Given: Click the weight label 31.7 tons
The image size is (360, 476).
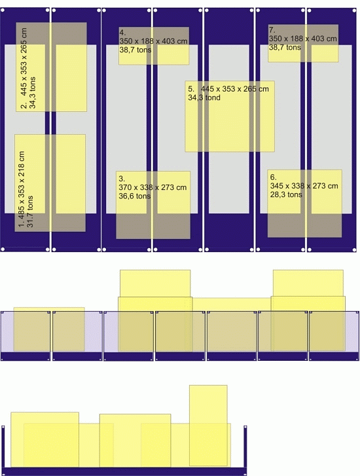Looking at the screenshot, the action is pos(30,211).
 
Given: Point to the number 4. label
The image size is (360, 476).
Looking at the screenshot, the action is pos(122,33).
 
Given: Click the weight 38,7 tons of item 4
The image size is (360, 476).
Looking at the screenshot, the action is pos(135,50).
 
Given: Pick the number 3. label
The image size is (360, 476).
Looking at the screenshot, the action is pos(122,179).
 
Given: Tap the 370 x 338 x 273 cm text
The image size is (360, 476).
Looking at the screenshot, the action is pos(153,187).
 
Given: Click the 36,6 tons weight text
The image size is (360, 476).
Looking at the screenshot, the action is pos(134,196).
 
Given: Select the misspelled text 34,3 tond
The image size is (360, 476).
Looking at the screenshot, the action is pos(204,98).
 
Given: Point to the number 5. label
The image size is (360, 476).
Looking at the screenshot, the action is pos(191,89).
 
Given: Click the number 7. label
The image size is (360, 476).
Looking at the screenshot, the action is pos(272,30).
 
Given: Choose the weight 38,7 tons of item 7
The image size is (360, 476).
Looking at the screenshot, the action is pos(285,47).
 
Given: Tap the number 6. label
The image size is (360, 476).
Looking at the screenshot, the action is pos(273,177).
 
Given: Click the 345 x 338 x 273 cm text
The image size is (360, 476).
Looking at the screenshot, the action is pos(304,186).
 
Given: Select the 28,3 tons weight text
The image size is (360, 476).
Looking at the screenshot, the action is pos(286,194).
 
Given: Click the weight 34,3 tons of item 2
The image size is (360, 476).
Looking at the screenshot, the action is pos(32,92).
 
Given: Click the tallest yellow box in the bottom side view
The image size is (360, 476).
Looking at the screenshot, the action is pos(208,426).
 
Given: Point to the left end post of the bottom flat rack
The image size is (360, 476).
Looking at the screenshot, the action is pos(3,447).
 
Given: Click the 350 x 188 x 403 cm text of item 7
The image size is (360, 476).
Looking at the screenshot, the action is pos(302,39).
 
